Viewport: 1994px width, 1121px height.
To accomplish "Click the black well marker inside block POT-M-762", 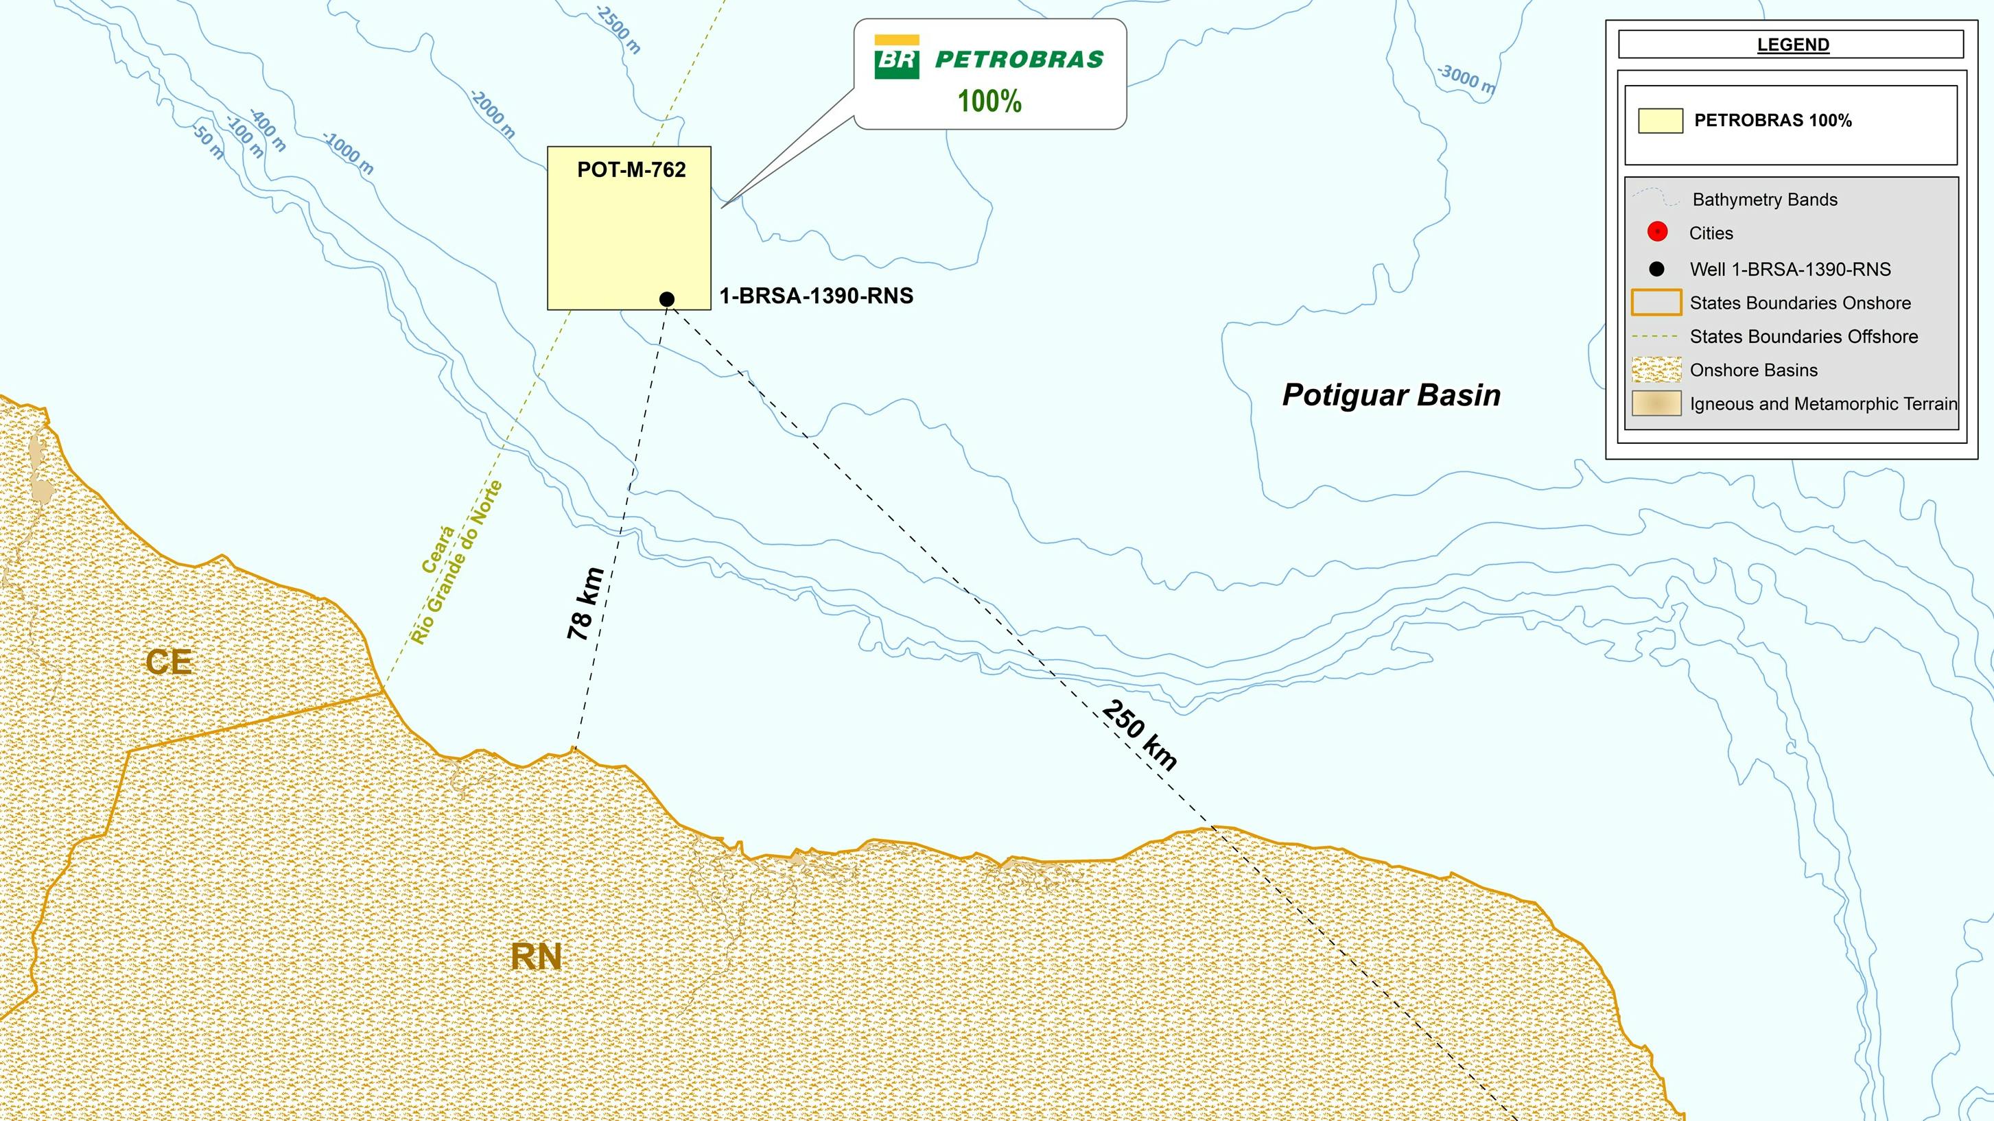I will pos(666,299).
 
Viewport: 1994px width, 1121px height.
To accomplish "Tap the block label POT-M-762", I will pos(631,170).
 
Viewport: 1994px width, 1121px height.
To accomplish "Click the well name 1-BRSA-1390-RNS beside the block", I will pos(816,296).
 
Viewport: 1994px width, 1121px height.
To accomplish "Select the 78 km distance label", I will pos(586,604).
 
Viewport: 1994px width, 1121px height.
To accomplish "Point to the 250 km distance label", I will pos(1138,735).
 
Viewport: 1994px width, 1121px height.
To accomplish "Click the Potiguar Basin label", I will pos(1391,396).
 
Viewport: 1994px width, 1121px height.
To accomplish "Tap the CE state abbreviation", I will pos(169,662).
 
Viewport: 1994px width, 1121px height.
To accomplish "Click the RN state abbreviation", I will pos(536,958).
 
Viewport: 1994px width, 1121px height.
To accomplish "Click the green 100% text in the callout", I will pos(989,102).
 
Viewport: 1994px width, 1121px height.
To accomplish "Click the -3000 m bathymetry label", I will pos(1466,79).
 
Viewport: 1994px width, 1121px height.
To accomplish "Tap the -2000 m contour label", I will pos(492,114).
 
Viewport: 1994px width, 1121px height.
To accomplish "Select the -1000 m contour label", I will pos(349,152).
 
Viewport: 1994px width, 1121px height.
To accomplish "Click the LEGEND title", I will pos(1793,45).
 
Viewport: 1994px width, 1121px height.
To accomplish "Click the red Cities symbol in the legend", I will pos(1657,233).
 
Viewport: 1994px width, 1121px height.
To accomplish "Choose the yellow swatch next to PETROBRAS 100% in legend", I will pos(1660,121).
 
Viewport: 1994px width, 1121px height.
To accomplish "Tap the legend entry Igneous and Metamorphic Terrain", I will pos(1823,404).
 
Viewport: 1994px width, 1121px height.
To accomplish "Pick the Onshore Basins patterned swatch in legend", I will pos(1656,370).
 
